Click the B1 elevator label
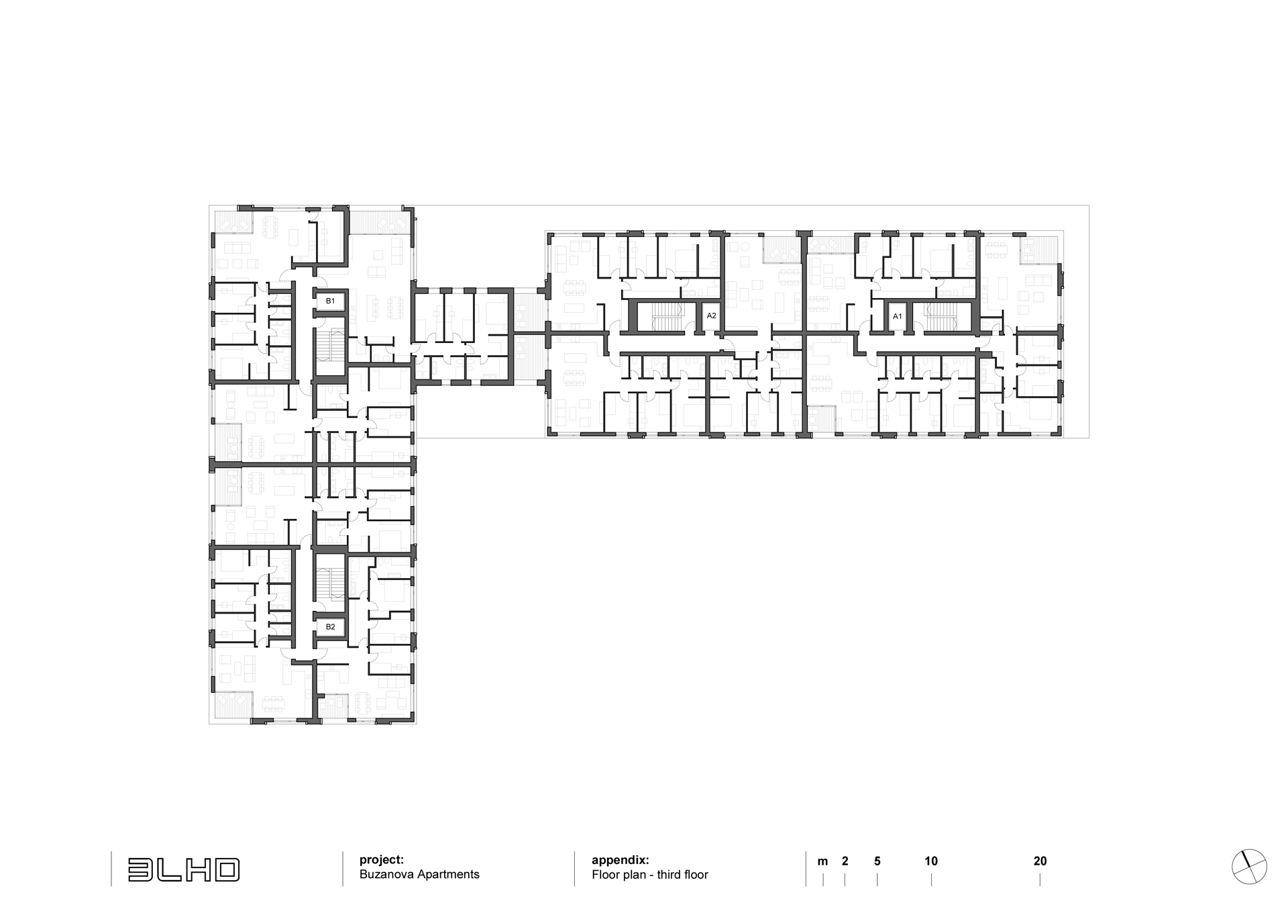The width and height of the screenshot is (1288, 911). point(330,301)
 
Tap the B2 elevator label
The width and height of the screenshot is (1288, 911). point(330,627)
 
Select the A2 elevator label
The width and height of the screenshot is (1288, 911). point(712,316)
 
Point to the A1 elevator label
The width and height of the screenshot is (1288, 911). point(898,316)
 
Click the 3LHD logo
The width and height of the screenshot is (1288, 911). point(184,869)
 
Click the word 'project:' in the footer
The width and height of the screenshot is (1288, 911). point(382,860)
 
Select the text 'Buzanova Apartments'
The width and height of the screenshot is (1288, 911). point(419,875)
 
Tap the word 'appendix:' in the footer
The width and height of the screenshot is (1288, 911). point(621,860)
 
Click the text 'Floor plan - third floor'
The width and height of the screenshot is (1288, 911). point(650,875)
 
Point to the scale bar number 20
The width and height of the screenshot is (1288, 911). point(1040,861)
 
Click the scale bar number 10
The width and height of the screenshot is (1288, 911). point(931,861)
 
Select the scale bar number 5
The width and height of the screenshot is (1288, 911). point(877,861)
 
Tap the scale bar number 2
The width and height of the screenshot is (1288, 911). point(845,861)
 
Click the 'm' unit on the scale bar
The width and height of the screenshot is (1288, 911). point(822,862)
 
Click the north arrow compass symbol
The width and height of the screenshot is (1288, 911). point(1249,867)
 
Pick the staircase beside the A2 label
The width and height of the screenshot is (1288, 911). point(667,317)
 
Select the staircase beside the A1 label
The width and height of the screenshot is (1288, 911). point(941,317)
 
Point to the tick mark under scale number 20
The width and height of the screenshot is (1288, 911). point(1040,880)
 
